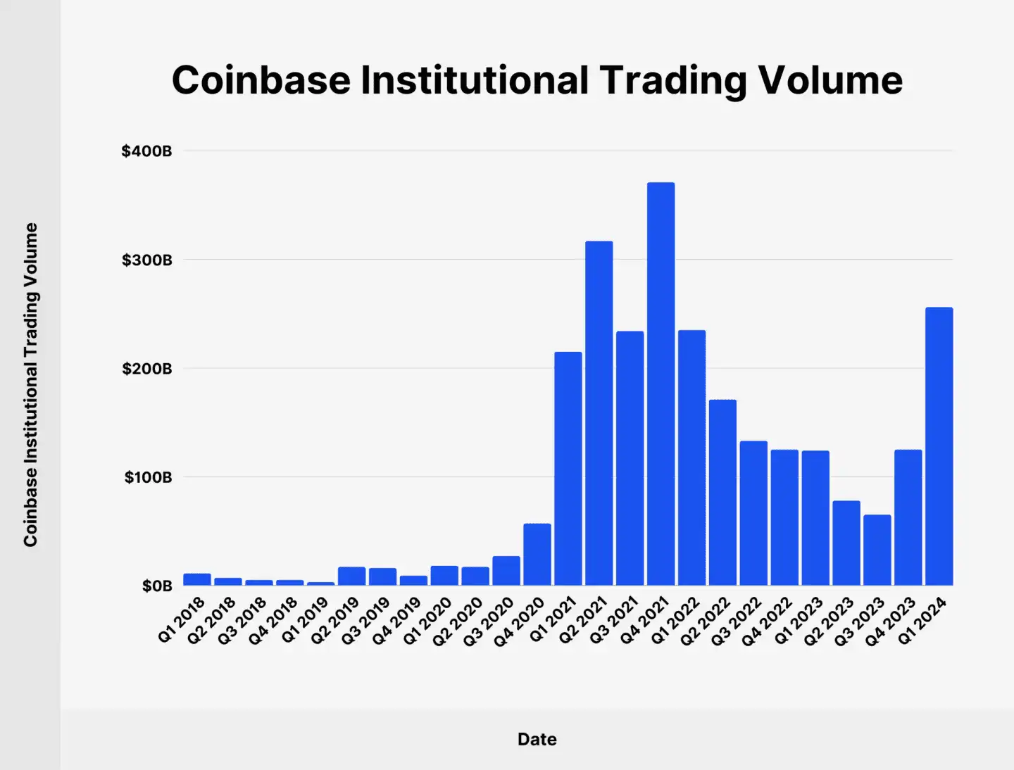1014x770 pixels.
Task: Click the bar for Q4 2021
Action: [661, 384]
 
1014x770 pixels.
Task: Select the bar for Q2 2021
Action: [599, 413]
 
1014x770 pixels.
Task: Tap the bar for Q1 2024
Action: [939, 446]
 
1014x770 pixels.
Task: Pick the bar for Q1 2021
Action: [568, 468]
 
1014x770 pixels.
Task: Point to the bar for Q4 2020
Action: [537, 554]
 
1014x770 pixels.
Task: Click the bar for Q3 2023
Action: [877, 550]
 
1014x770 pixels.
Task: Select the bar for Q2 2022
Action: [722, 492]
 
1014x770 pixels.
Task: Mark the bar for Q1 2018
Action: [197, 579]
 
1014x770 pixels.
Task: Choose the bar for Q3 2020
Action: [506, 571]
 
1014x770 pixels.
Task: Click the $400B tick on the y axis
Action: [146, 151]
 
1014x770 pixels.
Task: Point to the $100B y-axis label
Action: [148, 478]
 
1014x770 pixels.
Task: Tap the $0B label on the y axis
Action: [156, 586]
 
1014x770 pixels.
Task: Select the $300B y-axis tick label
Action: [146, 260]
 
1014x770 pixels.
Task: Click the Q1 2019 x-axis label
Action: [305, 620]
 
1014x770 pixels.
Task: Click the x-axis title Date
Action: [537, 739]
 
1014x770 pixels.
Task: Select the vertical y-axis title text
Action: [30, 384]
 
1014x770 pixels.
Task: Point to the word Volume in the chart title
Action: [830, 80]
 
